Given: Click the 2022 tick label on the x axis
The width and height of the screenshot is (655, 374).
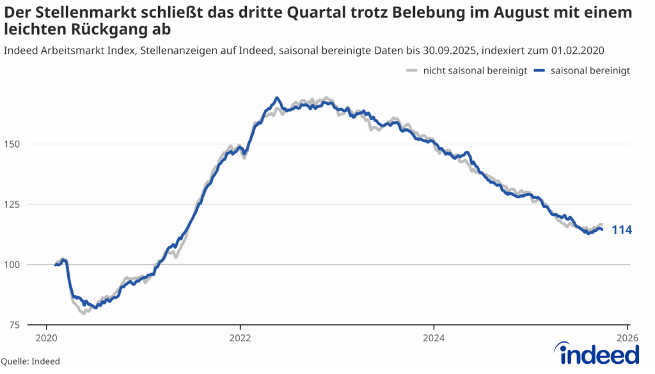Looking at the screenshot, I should pos(240,338).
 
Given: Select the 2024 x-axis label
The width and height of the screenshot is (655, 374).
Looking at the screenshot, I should pos(434,338).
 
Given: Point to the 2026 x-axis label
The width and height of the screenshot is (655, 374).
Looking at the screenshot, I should pos(627,338).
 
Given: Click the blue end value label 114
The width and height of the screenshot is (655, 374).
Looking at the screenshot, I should pos(622,230).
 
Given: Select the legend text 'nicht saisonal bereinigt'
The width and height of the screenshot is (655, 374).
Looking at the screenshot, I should pos(475,71).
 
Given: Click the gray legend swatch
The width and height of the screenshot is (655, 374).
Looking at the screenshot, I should pos(413,71).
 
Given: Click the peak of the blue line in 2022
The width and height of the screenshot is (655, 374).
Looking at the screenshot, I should pos(276,98).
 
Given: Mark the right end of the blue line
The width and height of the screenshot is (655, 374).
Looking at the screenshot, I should pos(602,230).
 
